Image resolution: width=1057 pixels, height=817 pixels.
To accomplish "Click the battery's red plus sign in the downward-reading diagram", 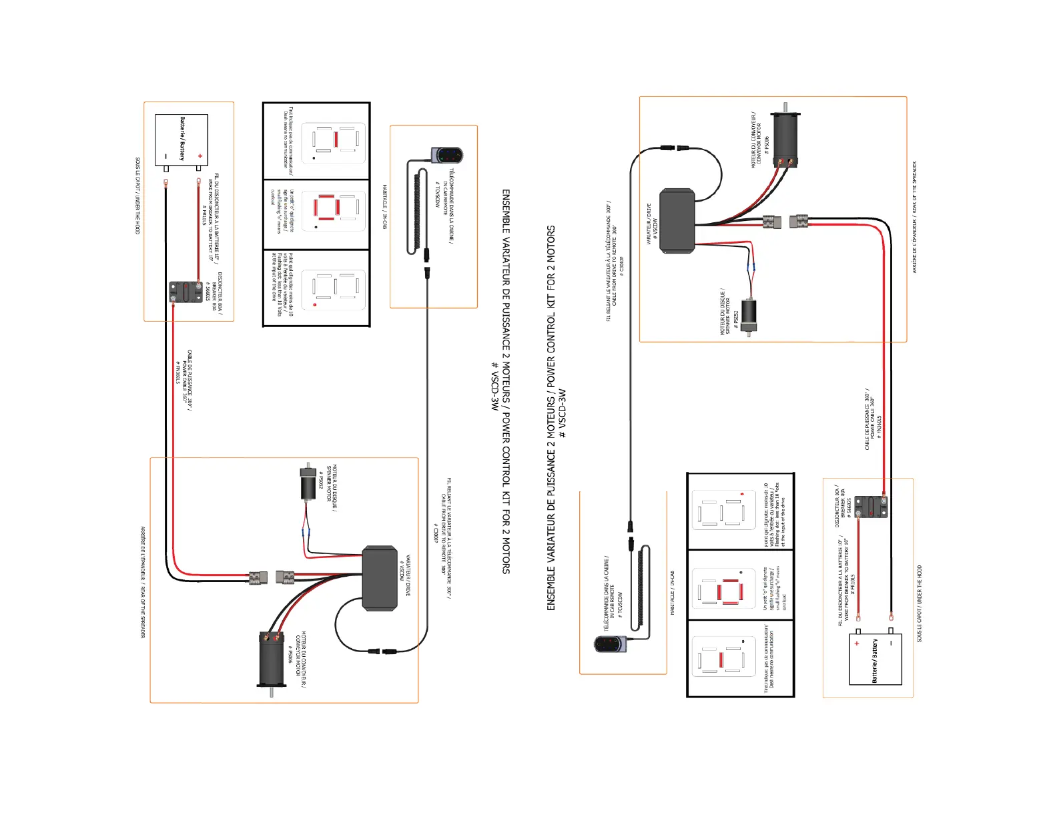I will [200, 156].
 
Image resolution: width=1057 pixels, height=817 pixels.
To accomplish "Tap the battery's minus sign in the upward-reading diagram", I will [891, 643].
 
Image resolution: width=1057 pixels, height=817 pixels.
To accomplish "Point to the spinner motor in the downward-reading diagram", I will [308, 483].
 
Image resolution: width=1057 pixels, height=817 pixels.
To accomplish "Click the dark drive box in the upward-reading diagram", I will [677, 221].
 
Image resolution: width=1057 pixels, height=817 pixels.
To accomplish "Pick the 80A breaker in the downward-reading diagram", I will [186, 292].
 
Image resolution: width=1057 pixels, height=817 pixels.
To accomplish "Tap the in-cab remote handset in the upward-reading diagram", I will [609, 644].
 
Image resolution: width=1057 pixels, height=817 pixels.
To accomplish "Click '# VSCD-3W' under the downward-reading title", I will [494, 386].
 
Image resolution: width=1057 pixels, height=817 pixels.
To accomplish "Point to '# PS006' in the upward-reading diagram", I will [767, 144].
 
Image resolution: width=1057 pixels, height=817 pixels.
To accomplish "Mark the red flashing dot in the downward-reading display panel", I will [314, 304].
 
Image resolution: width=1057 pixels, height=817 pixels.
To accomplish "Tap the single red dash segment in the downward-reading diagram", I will [336, 140].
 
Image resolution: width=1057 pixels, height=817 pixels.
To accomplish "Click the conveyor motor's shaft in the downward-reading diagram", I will [272, 692].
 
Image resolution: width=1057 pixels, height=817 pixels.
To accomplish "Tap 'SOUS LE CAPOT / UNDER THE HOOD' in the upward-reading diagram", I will [919, 604].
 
